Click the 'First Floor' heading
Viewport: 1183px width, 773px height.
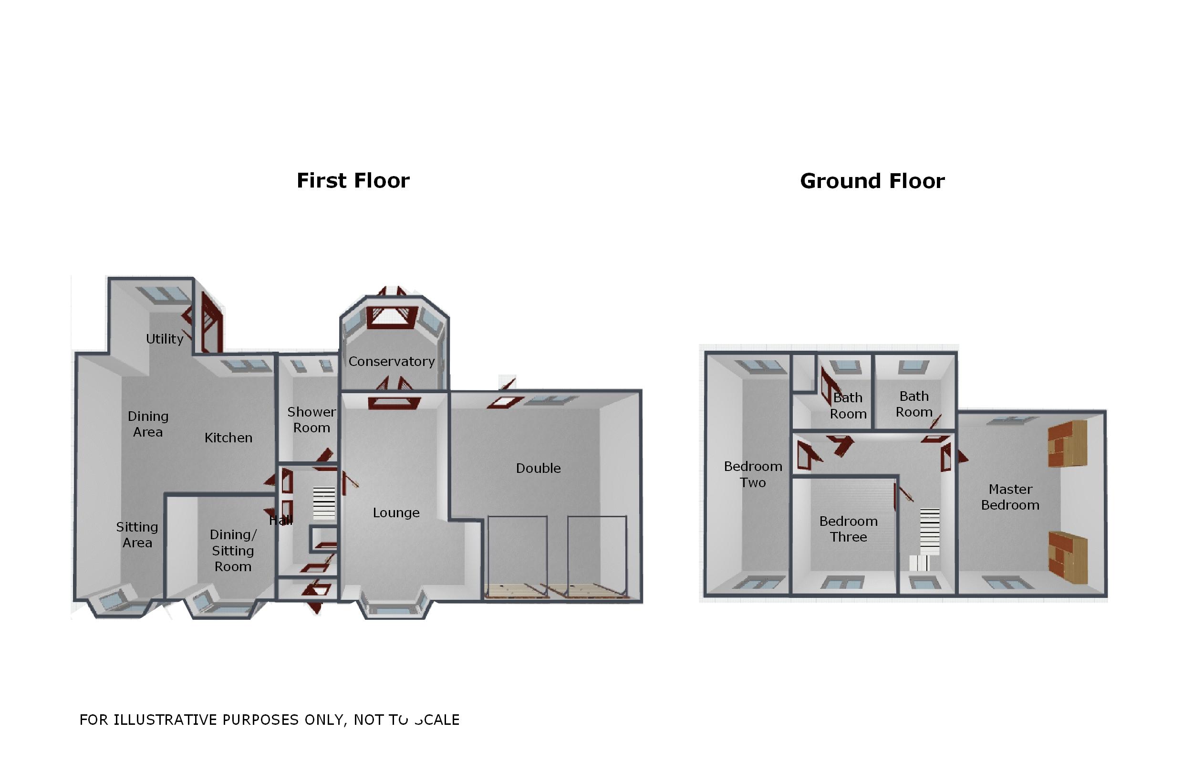353,180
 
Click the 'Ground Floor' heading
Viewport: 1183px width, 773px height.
872,181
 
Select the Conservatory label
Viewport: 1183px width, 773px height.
392,361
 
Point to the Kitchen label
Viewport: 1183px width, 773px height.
228,438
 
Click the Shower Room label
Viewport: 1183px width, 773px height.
311,419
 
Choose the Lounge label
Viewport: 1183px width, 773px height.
396,512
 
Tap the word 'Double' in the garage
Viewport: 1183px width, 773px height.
539,468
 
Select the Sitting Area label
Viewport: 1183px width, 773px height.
137,534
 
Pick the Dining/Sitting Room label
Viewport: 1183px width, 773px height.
233,550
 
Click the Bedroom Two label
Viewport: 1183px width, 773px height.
753,474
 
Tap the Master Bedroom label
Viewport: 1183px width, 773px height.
1010,497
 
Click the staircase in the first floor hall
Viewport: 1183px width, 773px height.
323,503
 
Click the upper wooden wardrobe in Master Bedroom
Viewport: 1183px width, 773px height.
1067,444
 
